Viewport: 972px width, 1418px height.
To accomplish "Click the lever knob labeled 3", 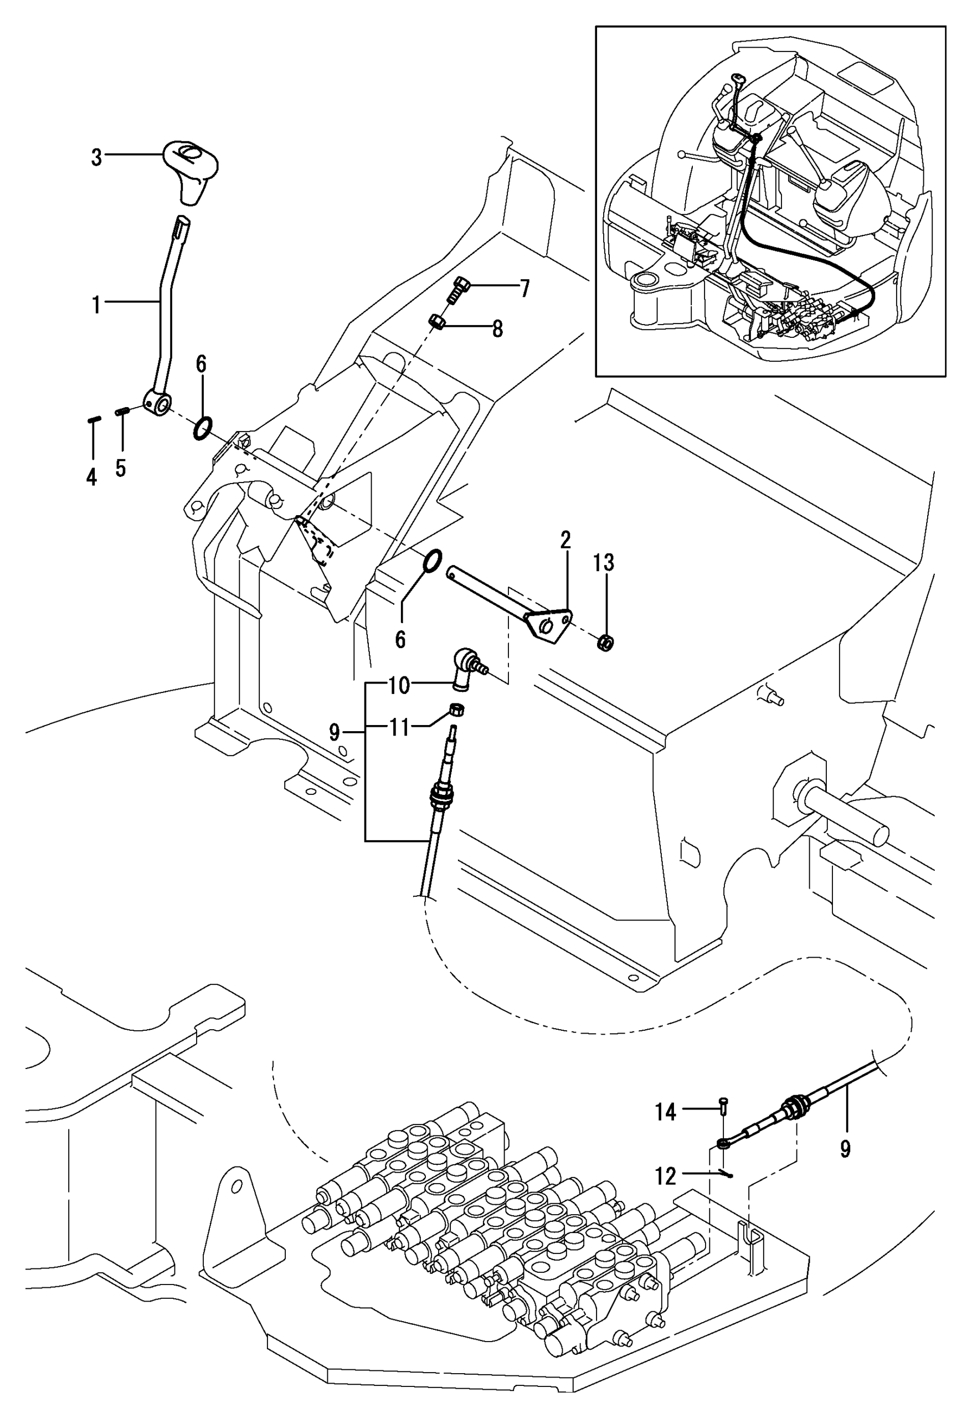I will point(191,170).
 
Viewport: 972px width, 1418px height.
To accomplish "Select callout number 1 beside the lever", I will point(96,304).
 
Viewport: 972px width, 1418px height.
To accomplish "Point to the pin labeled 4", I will point(94,419).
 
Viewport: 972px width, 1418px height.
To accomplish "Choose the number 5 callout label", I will point(120,468).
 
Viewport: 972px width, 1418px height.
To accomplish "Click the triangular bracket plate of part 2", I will point(549,625).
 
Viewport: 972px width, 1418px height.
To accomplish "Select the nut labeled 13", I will point(605,642).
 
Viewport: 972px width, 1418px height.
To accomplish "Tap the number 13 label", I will point(604,563).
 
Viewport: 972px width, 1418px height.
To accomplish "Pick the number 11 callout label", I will point(399,727).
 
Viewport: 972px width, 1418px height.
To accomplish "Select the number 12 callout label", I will point(666,1176).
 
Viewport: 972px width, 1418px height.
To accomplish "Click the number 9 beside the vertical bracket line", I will point(335,732).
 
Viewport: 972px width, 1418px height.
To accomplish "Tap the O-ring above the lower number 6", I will point(431,559).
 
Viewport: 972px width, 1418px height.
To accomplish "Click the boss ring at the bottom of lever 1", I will point(157,402).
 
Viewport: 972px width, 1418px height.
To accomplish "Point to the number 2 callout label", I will point(565,540).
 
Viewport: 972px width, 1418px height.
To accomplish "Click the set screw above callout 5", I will point(121,412).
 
